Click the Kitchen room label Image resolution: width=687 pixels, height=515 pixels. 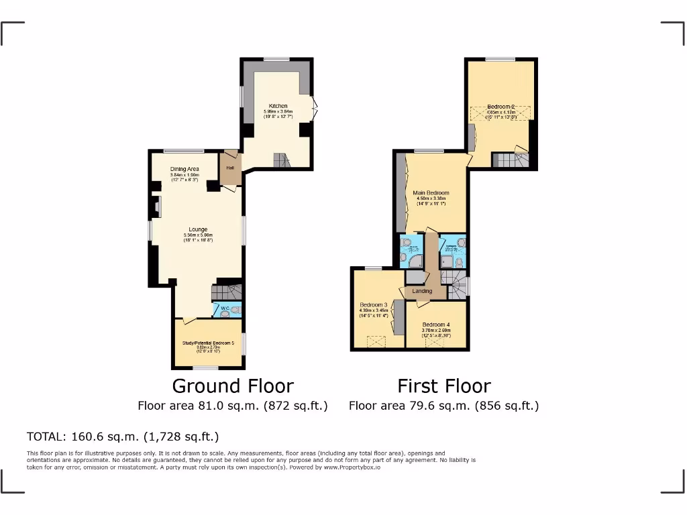click(278, 106)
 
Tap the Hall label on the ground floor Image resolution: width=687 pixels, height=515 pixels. click(229, 168)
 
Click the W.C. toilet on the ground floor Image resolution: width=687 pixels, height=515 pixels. click(235, 310)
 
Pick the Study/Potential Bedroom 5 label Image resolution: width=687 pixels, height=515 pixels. click(208, 343)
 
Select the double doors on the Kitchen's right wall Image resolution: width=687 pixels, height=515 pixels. click(314, 107)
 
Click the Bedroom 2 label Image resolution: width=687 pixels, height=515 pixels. click(500, 107)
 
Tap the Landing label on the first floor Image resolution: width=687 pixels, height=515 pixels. click(422, 290)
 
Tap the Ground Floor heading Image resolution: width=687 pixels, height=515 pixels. click(233, 386)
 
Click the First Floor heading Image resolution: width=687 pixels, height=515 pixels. click(443, 386)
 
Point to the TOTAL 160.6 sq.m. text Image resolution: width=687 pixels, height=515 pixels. click(123, 437)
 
